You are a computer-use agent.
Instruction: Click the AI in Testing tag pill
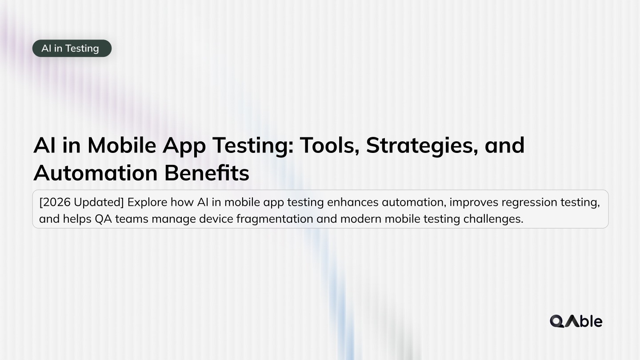(x=72, y=48)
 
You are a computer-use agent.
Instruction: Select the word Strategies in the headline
(x=422, y=145)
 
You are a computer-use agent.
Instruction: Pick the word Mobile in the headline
(x=121, y=145)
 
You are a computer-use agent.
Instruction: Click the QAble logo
(x=576, y=321)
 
